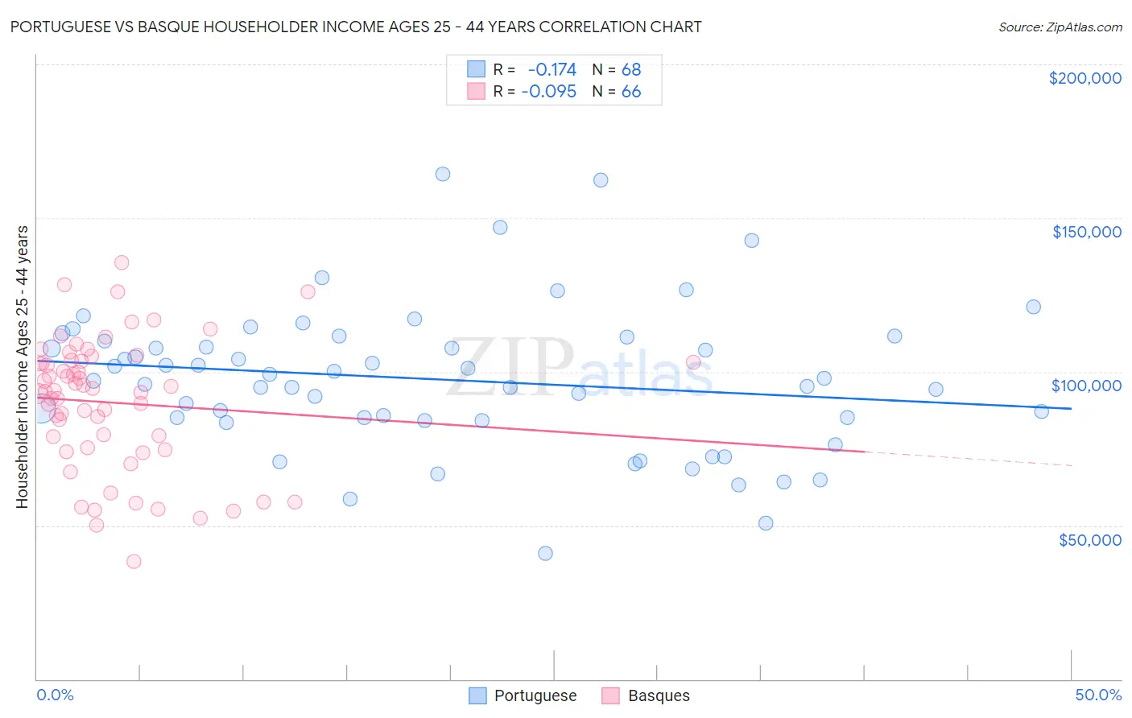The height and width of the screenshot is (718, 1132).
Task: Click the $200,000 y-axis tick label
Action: (1084, 78)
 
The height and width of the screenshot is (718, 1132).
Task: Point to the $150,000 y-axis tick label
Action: (1086, 232)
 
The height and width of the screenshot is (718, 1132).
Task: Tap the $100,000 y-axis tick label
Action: (1086, 386)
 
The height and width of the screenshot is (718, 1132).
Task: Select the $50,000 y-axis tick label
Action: (1089, 539)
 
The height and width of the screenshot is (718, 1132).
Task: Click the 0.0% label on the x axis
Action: (55, 695)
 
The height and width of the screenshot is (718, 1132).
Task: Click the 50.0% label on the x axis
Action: (1098, 695)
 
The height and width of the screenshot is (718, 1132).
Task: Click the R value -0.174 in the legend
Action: (552, 69)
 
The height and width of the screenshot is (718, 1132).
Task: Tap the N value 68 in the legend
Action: (631, 69)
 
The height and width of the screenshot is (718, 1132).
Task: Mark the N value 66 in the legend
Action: (631, 92)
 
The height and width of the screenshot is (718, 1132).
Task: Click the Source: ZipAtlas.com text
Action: (1060, 27)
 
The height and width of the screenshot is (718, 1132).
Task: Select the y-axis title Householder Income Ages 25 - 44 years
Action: (22, 367)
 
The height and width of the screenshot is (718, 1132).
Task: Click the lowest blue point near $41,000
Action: (545, 553)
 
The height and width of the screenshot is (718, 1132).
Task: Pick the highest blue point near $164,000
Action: (442, 174)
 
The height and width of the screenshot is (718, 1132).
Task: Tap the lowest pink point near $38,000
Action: (134, 561)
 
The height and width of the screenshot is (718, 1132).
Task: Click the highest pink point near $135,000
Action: (122, 262)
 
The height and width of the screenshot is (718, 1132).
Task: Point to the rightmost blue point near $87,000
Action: (1041, 411)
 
